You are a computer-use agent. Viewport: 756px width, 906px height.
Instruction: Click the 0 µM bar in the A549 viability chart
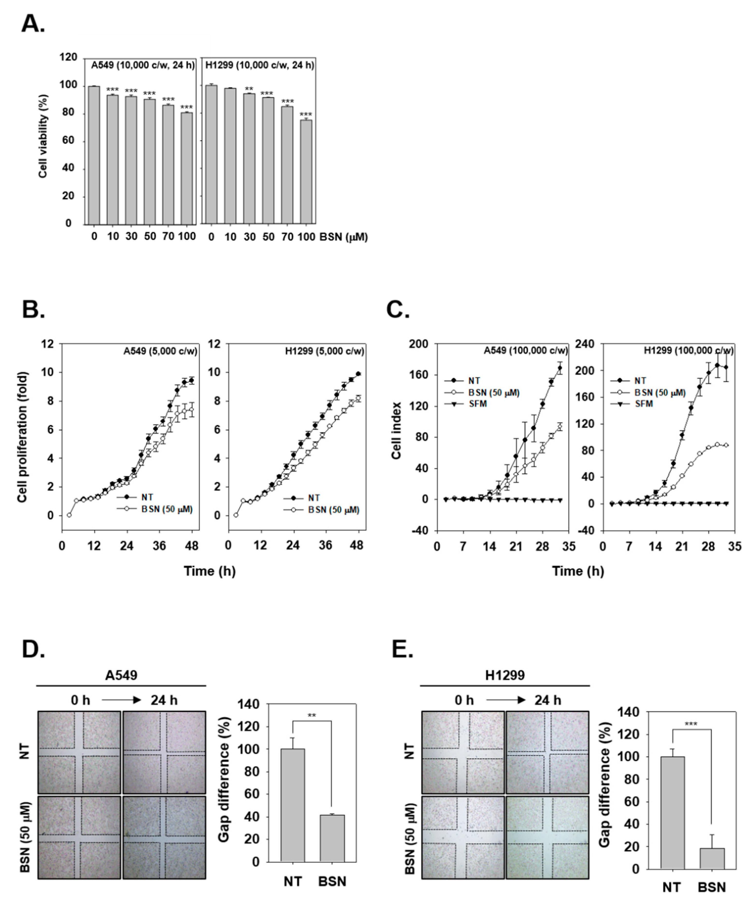pos(94,155)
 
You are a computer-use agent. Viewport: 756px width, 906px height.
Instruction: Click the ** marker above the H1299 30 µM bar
pos(249,89)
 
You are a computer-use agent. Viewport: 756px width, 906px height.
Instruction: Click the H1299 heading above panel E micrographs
pos(505,675)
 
